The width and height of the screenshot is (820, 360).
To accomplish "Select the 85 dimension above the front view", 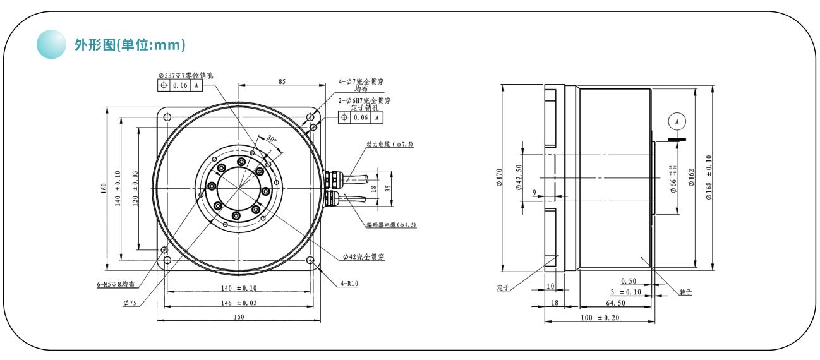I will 281,81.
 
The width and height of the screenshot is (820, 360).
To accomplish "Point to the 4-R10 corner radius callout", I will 349,284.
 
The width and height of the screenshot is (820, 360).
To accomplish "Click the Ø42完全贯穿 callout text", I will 365,257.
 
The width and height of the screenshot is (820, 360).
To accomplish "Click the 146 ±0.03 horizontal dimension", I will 239,302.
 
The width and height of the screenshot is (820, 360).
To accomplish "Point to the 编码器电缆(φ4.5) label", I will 391,225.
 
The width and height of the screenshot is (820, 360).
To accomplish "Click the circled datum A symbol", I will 677,120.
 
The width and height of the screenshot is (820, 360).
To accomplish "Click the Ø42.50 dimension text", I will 517,177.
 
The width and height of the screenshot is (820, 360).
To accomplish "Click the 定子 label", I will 503,288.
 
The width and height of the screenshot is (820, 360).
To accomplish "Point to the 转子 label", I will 686,292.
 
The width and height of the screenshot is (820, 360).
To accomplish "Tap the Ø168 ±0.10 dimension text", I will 708,177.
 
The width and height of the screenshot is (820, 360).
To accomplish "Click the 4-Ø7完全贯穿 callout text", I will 365,81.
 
